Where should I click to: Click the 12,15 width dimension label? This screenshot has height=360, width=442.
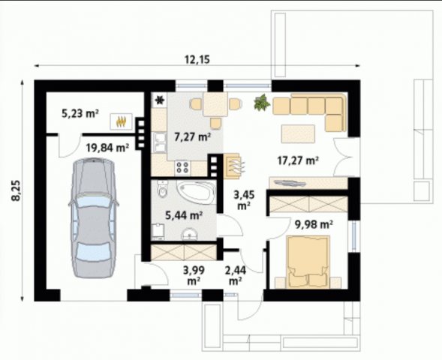[197, 59]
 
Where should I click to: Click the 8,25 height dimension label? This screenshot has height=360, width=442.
[16, 190]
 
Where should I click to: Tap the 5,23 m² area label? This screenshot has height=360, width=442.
[80, 114]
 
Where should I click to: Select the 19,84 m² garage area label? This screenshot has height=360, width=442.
[107, 147]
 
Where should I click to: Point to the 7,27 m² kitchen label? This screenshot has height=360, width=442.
[193, 137]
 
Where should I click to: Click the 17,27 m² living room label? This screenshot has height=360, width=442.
[298, 160]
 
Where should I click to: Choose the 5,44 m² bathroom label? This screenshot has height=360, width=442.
[184, 215]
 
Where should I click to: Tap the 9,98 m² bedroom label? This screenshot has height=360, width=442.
[314, 224]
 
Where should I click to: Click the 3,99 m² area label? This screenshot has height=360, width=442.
[194, 275]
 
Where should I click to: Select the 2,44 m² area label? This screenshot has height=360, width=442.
[236, 275]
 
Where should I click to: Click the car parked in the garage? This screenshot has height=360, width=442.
[93, 217]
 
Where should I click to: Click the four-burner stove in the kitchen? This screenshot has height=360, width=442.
[182, 167]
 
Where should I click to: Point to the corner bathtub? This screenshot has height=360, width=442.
[196, 193]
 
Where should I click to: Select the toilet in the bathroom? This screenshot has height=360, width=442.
[163, 189]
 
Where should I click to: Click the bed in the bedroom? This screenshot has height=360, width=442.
[308, 262]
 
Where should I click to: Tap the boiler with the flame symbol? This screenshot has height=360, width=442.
[121, 121]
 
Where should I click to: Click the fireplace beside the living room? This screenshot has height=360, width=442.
[233, 166]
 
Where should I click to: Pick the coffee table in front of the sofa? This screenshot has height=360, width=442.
[298, 133]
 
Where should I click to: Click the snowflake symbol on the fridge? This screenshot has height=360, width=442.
[160, 100]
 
